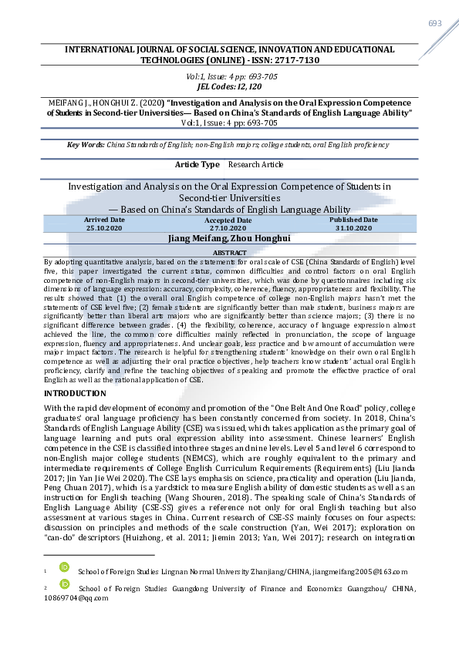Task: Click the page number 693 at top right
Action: [x=435, y=23]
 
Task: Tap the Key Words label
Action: [x=85, y=145]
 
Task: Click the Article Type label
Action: [x=197, y=164]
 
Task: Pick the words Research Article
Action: [x=256, y=164]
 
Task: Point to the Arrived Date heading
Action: [x=104, y=220]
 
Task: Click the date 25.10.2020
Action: [x=104, y=228]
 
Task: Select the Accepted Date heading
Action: [x=228, y=220]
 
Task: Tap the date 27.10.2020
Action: [x=228, y=229]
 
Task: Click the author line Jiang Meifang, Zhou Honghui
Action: [x=229, y=239]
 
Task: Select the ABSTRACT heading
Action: [x=229, y=253]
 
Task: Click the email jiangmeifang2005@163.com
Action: [x=354, y=571]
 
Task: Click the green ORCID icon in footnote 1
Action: [x=63, y=571]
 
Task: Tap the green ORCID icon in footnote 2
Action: [x=63, y=588]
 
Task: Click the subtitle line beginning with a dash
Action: [x=229, y=210]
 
